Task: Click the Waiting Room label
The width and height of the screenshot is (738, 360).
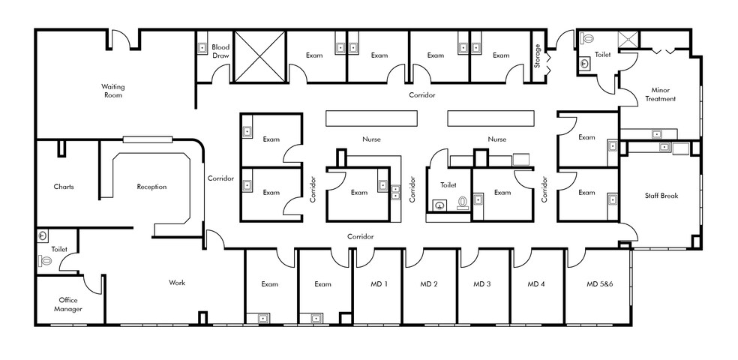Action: (x=113, y=91)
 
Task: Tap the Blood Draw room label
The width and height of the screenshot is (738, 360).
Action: (x=220, y=51)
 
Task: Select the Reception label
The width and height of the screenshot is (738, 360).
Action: (x=151, y=187)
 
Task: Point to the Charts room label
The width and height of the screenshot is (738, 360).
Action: (x=64, y=187)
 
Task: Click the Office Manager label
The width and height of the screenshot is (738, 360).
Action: (x=67, y=304)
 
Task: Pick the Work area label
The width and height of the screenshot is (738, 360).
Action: (x=177, y=283)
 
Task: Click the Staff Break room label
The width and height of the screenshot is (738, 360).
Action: (x=661, y=196)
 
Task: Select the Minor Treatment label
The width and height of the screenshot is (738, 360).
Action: (x=660, y=94)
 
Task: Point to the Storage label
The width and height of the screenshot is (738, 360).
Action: (x=538, y=55)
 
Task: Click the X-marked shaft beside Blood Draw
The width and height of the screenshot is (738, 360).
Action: (x=259, y=56)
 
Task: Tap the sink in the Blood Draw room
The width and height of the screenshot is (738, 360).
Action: (x=202, y=47)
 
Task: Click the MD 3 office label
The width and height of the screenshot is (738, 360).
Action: (x=482, y=284)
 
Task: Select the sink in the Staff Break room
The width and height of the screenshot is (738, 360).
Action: (x=664, y=147)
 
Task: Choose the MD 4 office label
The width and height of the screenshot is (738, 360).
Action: (x=535, y=284)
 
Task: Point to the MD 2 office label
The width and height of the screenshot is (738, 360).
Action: (x=429, y=284)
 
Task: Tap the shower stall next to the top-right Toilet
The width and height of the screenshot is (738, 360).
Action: (x=628, y=40)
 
